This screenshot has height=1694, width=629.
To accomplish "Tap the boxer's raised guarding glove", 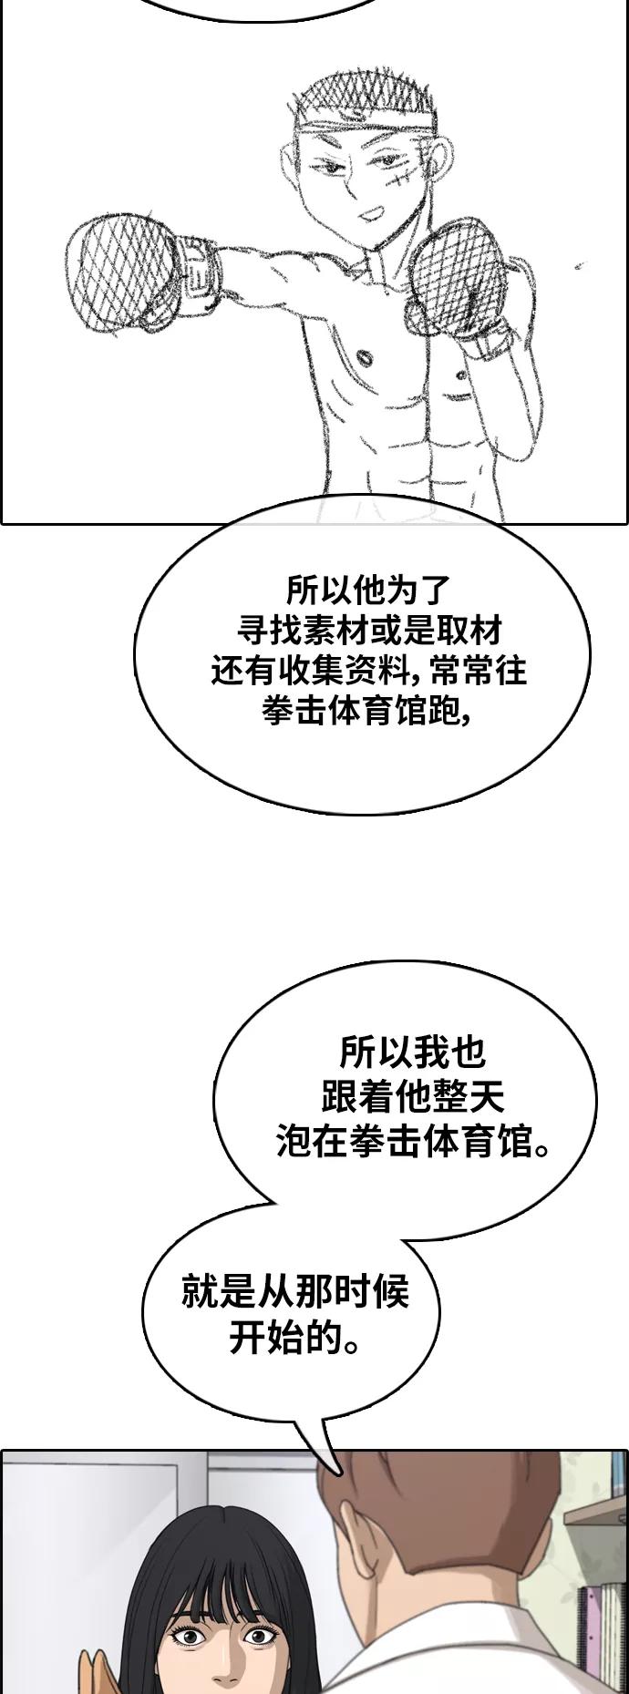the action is click(x=457, y=278).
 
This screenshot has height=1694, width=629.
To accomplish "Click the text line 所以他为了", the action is click(x=368, y=590).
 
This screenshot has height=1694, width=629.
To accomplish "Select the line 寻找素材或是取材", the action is click(x=369, y=630).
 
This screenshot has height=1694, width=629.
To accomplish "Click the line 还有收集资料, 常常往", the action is click(x=369, y=671).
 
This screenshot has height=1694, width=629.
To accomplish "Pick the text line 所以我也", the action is click(x=412, y=1053).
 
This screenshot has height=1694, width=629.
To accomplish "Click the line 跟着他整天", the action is click(x=412, y=1097).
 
